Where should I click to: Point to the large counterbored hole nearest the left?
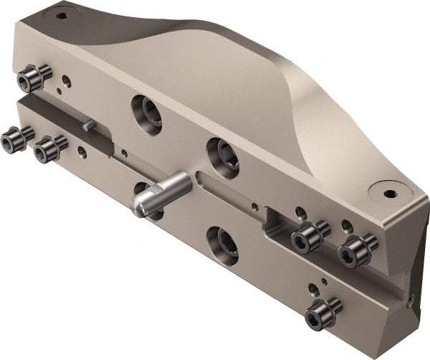(146, 113)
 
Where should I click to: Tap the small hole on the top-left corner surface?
(62, 14)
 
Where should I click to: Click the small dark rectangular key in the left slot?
(87, 125)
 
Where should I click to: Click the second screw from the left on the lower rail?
(49, 148)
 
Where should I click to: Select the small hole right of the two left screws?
(82, 151)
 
